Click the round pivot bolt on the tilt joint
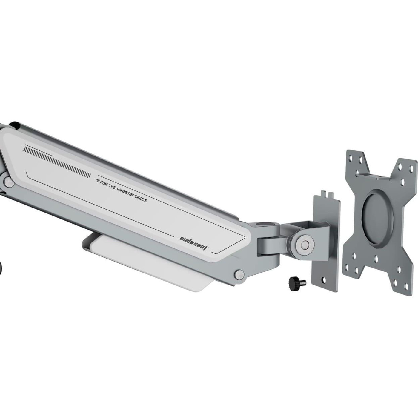[x=305, y=245]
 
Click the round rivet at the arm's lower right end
[x=239, y=274]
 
